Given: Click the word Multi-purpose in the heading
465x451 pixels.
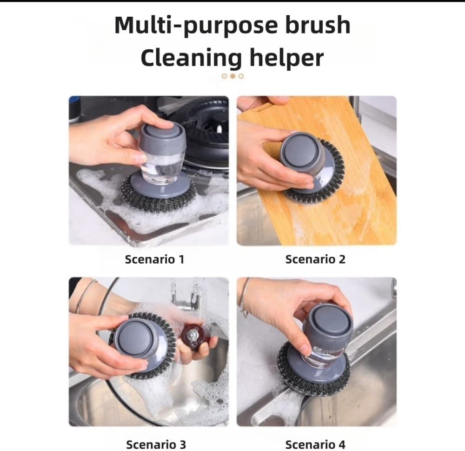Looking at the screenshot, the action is [196, 26].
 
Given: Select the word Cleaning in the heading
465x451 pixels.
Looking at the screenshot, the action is [191, 59].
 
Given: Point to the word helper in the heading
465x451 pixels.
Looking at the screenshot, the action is [286, 59].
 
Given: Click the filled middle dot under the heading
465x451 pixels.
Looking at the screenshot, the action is [233, 76].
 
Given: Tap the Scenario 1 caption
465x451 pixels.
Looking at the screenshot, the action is [154, 259].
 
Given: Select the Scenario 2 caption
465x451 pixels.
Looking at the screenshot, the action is [315, 259].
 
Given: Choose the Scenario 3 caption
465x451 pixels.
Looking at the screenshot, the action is [156, 444].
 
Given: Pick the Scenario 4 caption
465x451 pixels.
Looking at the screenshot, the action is [315, 444].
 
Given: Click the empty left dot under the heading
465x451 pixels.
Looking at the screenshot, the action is [225, 76].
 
